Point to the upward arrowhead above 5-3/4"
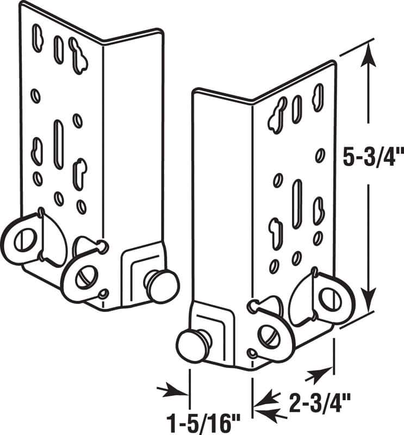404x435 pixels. coord(369,52)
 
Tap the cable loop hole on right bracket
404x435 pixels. coord(328,298)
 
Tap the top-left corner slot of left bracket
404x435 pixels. coord(38,38)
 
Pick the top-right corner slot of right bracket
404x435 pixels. coord(318,97)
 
